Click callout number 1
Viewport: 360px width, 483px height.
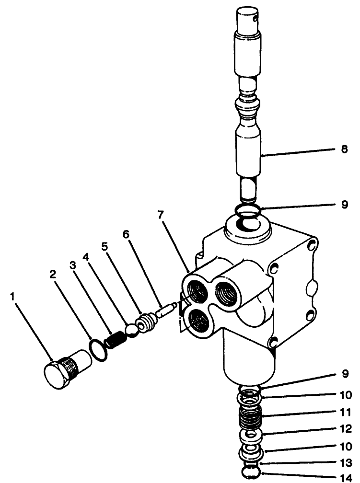pos(13,297)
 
